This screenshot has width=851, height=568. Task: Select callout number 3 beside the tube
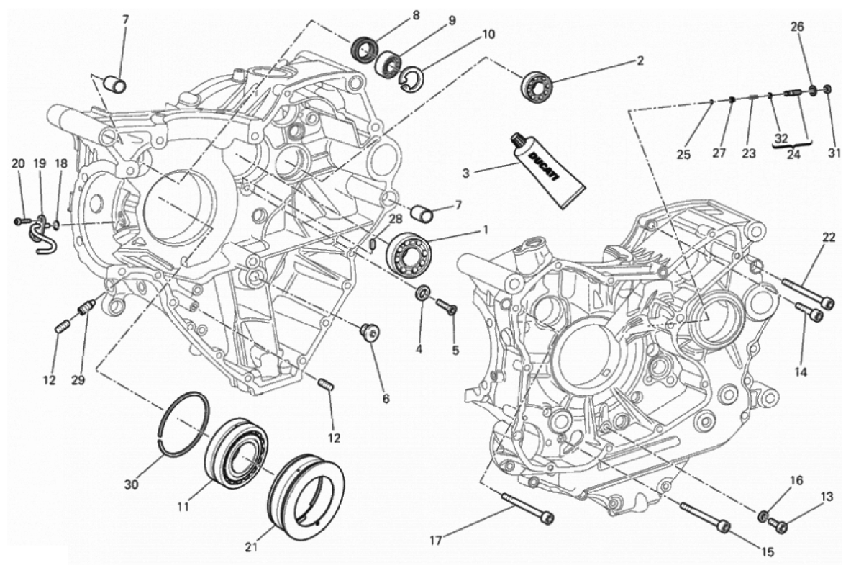point(466,173)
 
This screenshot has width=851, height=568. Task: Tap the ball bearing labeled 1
point(410,249)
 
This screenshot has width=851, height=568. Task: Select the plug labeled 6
point(371,332)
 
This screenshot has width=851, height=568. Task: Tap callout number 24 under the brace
point(794,153)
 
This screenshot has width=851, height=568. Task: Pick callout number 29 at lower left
point(78,380)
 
